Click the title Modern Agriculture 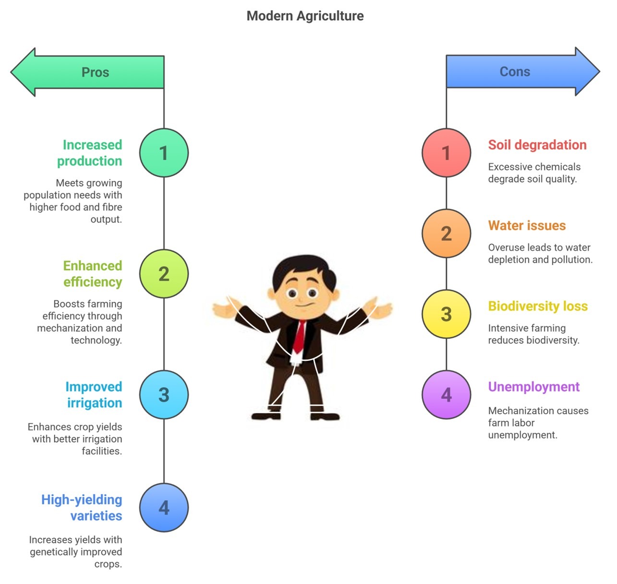click(x=305, y=16)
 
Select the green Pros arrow click(x=87, y=72)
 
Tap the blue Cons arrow click(x=523, y=72)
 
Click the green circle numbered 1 click(x=164, y=153)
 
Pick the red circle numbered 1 click(x=446, y=153)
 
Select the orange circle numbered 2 click(x=446, y=233)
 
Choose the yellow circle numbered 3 click(x=446, y=314)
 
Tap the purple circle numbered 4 click(x=446, y=394)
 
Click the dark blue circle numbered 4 click(x=164, y=508)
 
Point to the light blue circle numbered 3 click(x=164, y=394)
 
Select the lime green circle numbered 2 click(x=164, y=274)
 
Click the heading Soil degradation click(x=537, y=145)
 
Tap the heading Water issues click(x=527, y=226)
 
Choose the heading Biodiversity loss click(x=538, y=306)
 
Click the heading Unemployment click(x=533, y=387)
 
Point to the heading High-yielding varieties click(x=82, y=508)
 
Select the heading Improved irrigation click(x=94, y=395)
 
